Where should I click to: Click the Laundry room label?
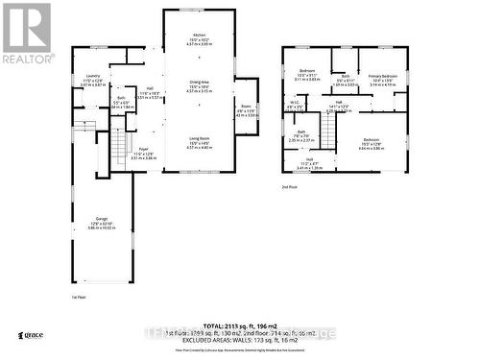tap(92, 76)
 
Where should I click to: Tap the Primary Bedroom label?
tap(383, 75)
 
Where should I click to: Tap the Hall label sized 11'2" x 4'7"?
tap(309, 160)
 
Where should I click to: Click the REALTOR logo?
tap(27, 32)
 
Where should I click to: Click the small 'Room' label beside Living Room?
tap(246, 107)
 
